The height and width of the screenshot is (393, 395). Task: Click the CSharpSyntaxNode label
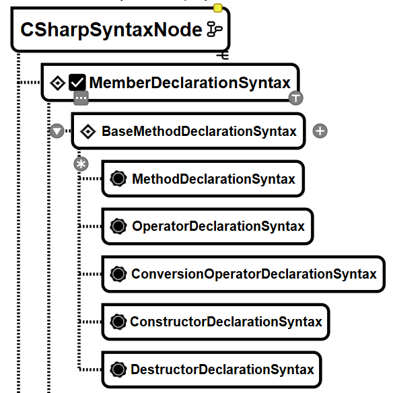[111, 30]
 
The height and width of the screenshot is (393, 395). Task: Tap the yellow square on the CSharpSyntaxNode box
[217, 8]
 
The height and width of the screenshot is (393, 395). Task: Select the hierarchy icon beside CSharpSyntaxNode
[215, 29]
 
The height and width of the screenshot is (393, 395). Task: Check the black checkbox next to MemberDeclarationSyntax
[77, 82]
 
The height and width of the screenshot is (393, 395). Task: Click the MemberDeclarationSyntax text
[190, 83]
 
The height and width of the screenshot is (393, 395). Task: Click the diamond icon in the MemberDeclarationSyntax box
[58, 83]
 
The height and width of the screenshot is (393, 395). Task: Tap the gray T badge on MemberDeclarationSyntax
[296, 98]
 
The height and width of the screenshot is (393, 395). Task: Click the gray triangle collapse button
[57, 131]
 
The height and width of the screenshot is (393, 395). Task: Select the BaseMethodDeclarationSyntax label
[199, 131]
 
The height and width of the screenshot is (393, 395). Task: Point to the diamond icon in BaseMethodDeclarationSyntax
[88, 131]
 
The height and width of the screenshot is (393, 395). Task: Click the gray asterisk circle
[81, 164]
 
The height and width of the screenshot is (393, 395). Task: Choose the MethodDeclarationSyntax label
[213, 179]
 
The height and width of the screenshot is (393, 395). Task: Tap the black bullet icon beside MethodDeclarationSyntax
[118, 178]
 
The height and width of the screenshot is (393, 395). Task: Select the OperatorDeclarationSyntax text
[219, 226]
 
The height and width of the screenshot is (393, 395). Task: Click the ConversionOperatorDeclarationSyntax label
[254, 274]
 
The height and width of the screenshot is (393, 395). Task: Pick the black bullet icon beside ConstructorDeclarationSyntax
[118, 322]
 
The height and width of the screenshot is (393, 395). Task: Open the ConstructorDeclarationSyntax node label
[226, 322]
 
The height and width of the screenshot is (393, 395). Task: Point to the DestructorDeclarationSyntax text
[223, 369]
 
